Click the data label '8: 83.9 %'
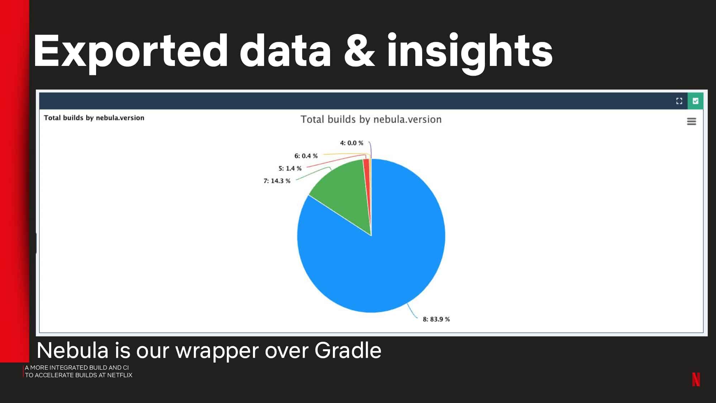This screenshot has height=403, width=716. click(x=436, y=319)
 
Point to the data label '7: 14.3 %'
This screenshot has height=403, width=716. click(x=277, y=181)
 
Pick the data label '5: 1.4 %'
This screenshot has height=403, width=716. click(x=290, y=168)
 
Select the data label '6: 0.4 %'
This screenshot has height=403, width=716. click(x=306, y=156)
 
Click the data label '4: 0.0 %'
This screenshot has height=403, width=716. click(x=352, y=143)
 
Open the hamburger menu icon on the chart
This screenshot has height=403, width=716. click(x=692, y=121)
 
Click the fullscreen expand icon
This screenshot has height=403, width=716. click(x=679, y=101)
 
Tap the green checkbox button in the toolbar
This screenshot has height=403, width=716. click(x=696, y=101)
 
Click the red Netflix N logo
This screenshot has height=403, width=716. click(x=696, y=379)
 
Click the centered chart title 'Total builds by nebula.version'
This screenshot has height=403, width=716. click(x=371, y=119)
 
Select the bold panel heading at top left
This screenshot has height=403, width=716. click(x=94, y=118)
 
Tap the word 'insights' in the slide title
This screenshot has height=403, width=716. click(x=470, y=53)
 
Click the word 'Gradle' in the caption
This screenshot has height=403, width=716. click(x=348, y=350)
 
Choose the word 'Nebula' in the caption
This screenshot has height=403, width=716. click(x=72, y=350)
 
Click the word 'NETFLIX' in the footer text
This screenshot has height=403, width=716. click(x=120, y=375)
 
